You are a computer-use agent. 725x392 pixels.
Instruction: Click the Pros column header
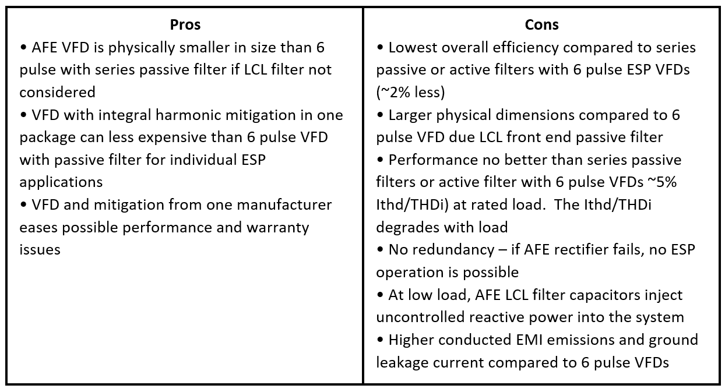coord(185,25)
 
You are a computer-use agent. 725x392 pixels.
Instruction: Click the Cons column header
coord(542,25)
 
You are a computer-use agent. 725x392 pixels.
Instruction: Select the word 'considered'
coord(57,93)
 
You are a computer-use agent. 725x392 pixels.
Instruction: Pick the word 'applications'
coord(61,182)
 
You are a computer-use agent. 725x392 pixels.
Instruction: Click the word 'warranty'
coord(277,228)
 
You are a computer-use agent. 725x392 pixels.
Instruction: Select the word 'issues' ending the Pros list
coord(40,250)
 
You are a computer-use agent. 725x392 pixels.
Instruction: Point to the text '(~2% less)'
coord(410,93)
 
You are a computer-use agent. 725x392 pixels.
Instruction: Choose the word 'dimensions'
coord(534,115)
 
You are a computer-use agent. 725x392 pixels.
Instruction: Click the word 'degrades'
coord(408,228)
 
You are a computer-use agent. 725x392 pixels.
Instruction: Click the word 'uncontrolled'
coord(420,317)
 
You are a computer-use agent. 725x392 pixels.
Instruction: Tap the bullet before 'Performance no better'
coord(381,160)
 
